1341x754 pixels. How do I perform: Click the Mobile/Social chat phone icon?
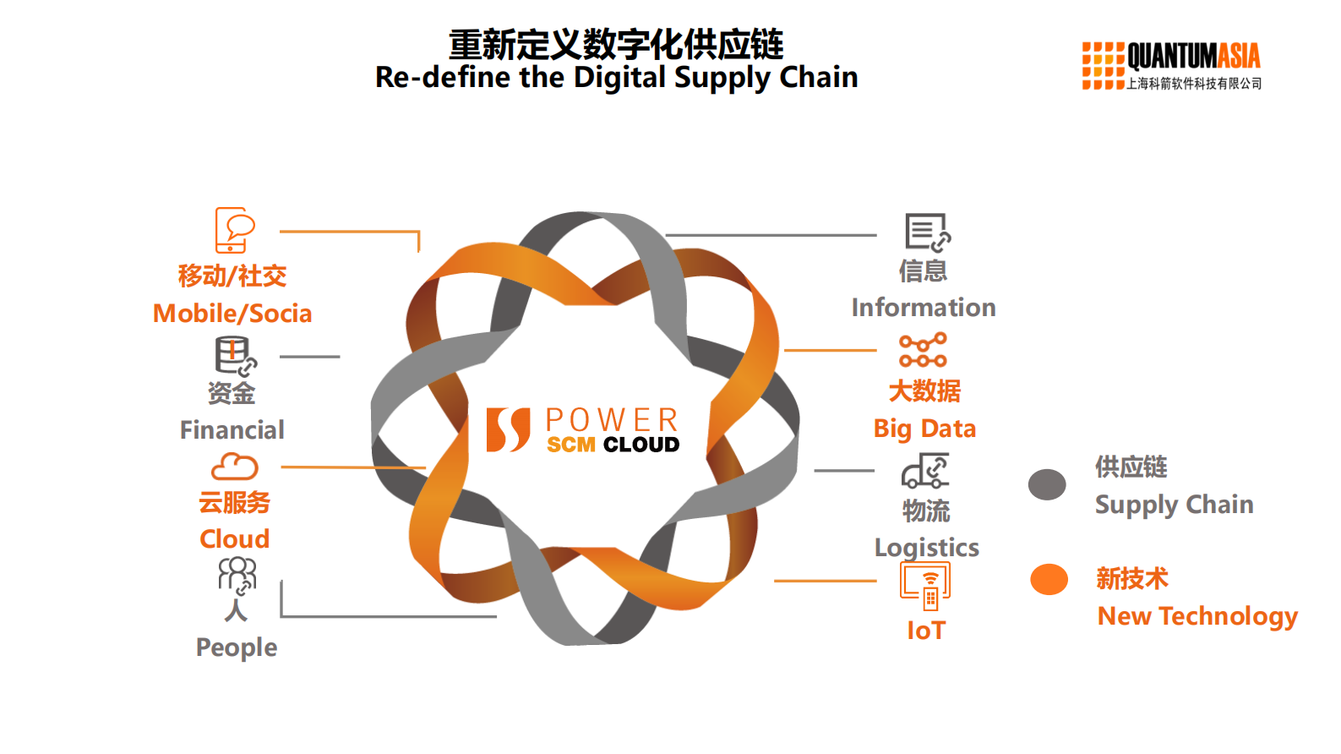234,230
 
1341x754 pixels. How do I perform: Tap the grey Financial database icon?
234,356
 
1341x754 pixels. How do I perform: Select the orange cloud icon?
234,467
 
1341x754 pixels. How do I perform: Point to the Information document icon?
927,232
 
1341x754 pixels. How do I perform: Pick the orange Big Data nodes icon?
923,350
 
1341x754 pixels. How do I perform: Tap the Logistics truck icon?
925,472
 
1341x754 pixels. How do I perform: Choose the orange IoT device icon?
925,585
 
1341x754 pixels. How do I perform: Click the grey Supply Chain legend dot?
1047,484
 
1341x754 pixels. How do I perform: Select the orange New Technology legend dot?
1049,580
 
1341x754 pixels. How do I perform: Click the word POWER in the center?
612,420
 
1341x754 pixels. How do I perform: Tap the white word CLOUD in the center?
641,445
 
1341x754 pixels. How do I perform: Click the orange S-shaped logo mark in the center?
508,429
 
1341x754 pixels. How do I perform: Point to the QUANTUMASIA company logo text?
1193,57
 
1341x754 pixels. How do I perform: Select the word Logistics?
927,548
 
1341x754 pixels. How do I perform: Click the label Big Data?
924,429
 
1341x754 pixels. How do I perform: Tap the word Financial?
232,430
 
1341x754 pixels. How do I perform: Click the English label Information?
924,308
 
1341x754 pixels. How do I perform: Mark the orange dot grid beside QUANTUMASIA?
1103,66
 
